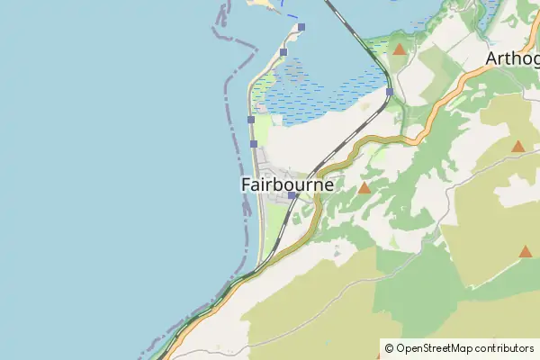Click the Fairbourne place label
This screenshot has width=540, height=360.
click(287, 184)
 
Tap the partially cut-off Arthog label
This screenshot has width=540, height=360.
click(512, 59)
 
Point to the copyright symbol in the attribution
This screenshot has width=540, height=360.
click(390, 347)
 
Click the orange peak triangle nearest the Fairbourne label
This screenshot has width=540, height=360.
click(364, 188)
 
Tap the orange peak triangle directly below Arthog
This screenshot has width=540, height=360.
click(517, 146)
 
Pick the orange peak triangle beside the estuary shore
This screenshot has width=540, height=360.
click(400, 49)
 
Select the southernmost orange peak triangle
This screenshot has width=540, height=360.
click(526, 252)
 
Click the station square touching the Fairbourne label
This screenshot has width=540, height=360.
click(292, 195)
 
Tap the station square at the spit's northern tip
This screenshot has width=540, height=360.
click(301, 27)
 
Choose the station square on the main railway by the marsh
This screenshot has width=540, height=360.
click(389, 92)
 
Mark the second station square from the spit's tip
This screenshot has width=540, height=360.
click(283, 53)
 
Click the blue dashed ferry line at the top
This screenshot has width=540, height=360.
click(290, 13)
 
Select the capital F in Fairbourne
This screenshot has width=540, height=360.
click(247, 184)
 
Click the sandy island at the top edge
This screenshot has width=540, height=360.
click(260, 4)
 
